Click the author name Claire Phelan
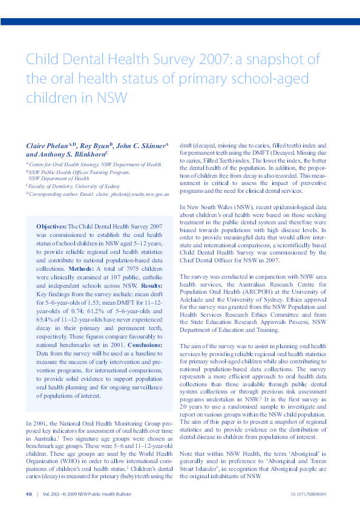pos(46,147)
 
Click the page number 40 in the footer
pos(28,494)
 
